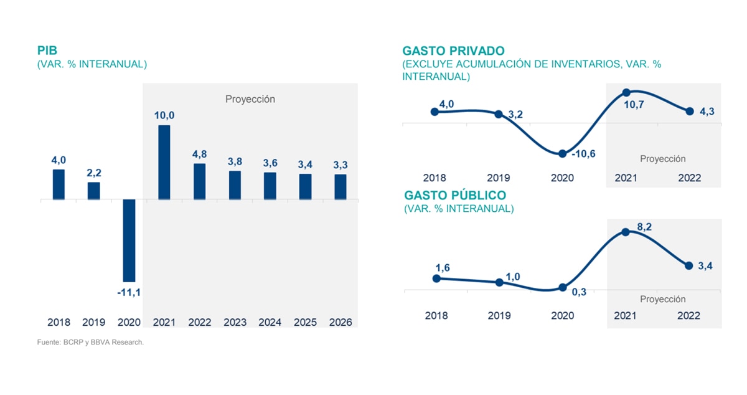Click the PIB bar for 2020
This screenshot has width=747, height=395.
[129, 240]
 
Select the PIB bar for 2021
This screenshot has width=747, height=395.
[164, 163]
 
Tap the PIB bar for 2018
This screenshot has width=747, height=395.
[59, 184]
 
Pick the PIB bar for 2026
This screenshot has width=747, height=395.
[341, 187]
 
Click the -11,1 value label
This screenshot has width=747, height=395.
[129, 293]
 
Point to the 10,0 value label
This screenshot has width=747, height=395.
[164, 115]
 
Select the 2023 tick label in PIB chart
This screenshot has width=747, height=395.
[235, 322]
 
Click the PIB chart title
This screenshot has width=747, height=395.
[47, 51]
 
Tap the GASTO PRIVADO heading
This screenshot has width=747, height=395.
[453, 50]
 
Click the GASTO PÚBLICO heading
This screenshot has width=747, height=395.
[455, 196]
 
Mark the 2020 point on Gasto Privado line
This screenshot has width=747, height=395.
[563, 153]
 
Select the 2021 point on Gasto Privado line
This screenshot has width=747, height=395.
[626, 93]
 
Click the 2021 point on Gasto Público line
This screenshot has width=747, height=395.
[626, 232]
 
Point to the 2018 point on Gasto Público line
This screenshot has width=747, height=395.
[436, 278]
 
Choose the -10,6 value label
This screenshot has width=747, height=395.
[584, 153]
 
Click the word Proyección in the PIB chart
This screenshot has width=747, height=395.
[250, 99]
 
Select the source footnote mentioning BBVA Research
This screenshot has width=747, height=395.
[90, 342]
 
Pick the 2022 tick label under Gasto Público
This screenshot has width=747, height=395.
[689, 315]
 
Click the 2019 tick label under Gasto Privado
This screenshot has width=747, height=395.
[499, 178]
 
